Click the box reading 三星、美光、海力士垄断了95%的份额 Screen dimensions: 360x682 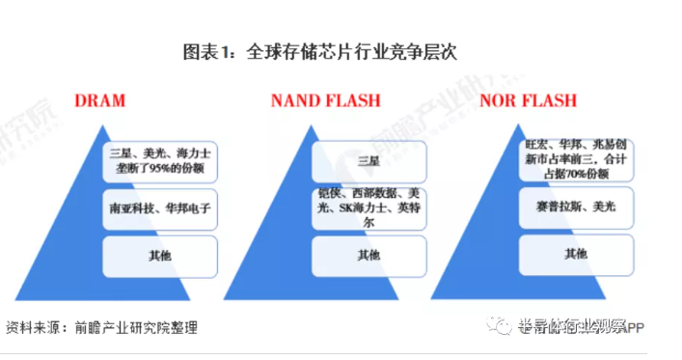point(158,161)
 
